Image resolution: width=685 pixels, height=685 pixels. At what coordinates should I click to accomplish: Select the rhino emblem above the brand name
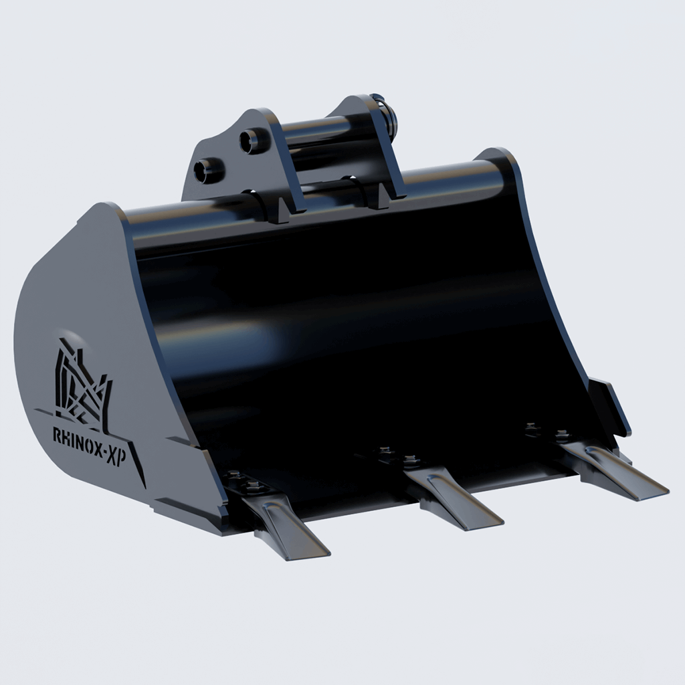pos(82,385)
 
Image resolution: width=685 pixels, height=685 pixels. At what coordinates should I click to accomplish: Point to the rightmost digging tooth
pos(615,472)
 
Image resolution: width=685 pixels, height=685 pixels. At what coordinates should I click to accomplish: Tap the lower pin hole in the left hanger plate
pos(208,170)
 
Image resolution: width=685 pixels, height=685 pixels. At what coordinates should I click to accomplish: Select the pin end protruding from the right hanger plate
pos(388,117)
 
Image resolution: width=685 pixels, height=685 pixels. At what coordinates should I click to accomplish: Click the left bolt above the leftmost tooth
pos(232,475)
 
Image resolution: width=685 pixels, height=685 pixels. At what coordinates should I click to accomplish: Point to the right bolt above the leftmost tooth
pos(252,486)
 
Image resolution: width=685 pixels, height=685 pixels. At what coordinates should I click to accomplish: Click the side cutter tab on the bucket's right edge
pos(609,405)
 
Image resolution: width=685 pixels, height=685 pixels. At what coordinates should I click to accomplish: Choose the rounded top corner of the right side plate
pos(498,157)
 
